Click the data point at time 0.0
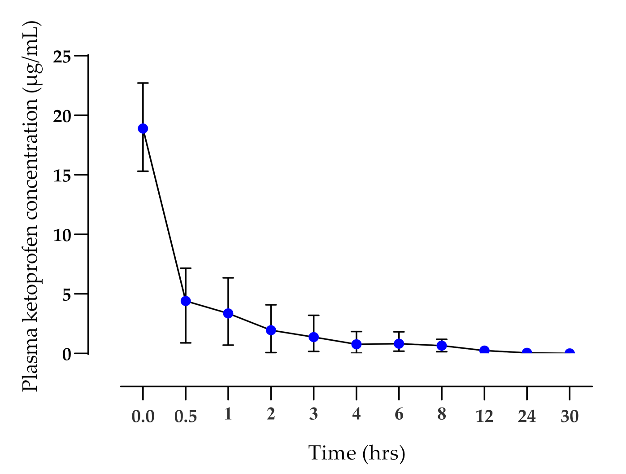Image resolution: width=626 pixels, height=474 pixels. click(x=143, y=129)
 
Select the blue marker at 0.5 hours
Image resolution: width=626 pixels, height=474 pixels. click(x=186, y=301)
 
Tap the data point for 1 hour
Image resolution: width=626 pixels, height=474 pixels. click(x=228, y=313)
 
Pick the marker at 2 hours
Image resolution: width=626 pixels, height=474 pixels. click(x=271, y=330)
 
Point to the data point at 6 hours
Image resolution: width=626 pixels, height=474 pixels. click(x=399, y=344)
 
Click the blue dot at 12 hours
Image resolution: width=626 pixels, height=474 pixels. click(x=484, y=351)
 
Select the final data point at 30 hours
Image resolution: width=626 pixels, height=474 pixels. click(x=569, y=353)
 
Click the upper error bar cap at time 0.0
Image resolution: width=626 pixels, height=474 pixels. click(x=143, y=83)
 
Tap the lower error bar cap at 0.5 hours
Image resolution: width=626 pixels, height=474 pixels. click(x=186, y=343)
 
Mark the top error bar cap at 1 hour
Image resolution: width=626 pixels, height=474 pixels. click(x=228, y=278)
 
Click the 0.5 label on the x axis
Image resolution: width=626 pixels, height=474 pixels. click(x=186, y=417)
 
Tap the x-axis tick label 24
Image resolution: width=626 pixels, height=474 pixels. click(x=527, y=417)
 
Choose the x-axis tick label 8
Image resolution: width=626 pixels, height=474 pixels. click(x=442, y=414)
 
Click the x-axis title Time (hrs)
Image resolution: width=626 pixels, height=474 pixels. click(x=356, y=453)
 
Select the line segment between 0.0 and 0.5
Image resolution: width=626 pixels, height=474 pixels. click(x=164, y=215)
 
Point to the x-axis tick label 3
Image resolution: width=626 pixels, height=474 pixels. click(x=313, y=414)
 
